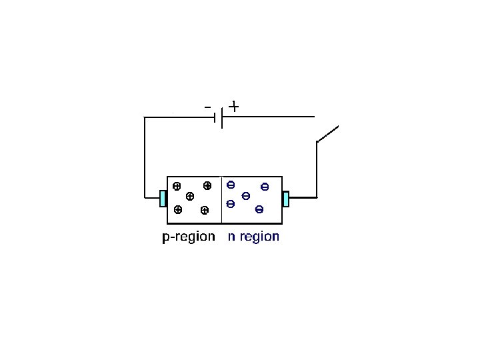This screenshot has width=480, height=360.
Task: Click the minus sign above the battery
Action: point(208,107)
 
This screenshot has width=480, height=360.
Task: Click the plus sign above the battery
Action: point(234,106)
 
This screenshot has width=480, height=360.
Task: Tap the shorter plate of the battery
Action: point(215,118)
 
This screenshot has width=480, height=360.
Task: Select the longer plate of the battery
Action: point(221,117)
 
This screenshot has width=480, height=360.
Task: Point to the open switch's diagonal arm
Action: point(327,133)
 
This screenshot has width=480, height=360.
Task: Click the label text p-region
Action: point(189,237)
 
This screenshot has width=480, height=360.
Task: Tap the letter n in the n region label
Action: point(231,237)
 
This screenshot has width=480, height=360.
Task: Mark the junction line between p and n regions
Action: point(221,200)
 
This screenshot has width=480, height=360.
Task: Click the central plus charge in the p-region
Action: point(189,196)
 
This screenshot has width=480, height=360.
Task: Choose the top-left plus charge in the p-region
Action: point(176,186)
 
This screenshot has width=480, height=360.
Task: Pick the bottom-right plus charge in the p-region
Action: point(204,210)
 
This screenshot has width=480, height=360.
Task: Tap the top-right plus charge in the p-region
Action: point(207,185)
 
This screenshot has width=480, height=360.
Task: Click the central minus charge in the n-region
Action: point(245,195)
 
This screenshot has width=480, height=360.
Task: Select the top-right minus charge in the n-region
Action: point(265,187)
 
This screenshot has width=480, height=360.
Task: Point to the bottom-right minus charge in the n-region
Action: point(259,210)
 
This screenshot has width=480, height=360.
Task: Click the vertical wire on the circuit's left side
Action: point(145,157)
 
